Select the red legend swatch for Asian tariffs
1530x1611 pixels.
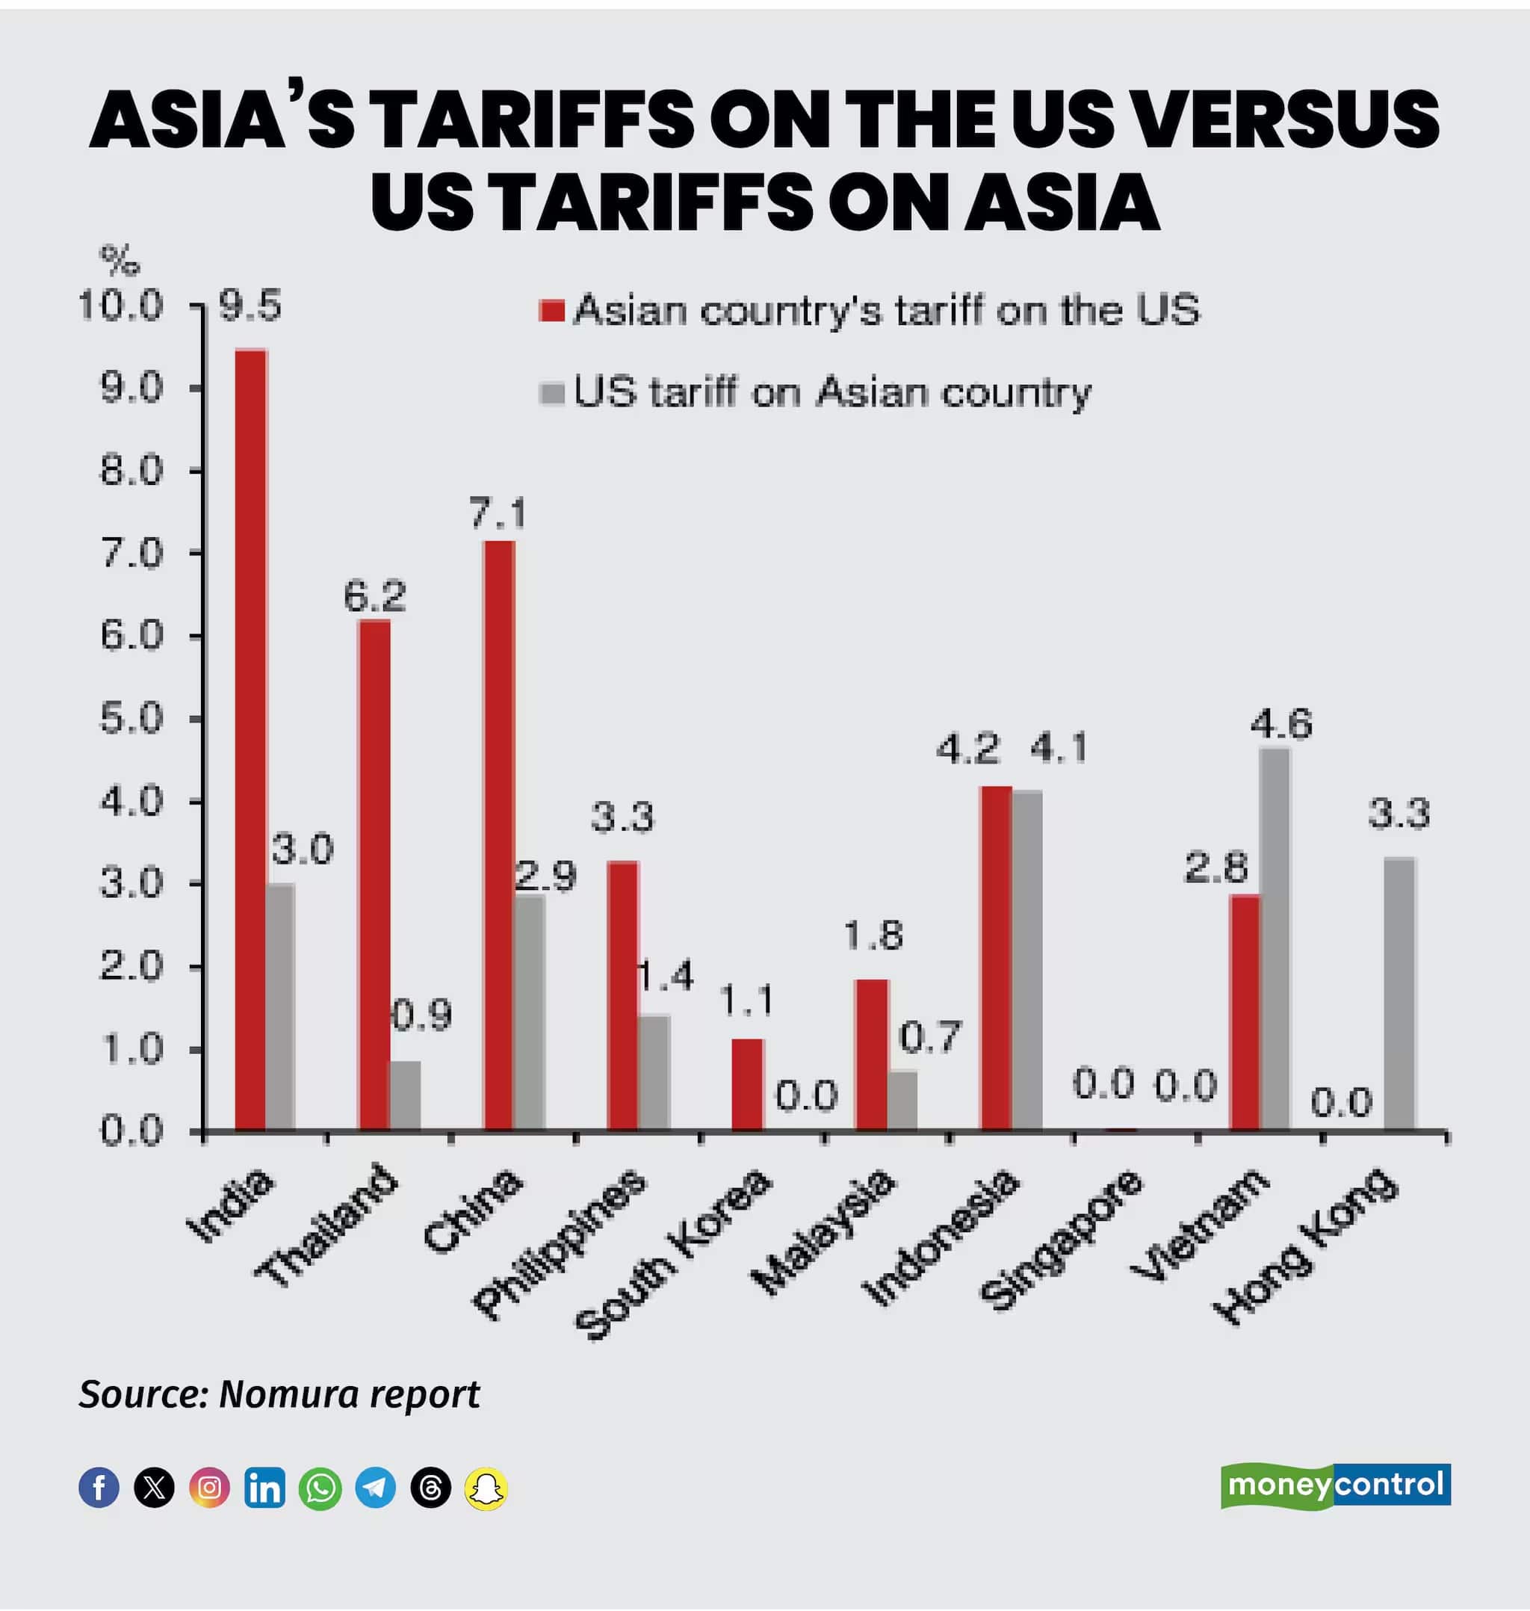click(x=552, y=311)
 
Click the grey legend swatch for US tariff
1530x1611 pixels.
click(x=552, y=393)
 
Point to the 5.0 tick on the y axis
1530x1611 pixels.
click(x=131, y=719)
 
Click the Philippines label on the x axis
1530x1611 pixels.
click(x=560, y=1243)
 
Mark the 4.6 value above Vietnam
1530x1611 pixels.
click(x=1281, y=723)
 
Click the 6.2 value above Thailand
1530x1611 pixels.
click(x=374, y=597)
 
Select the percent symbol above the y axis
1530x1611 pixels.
click(x=119, y=260)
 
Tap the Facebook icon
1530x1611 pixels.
click(x=99, y=1487)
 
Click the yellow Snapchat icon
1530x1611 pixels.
click(x=486, y=1487)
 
